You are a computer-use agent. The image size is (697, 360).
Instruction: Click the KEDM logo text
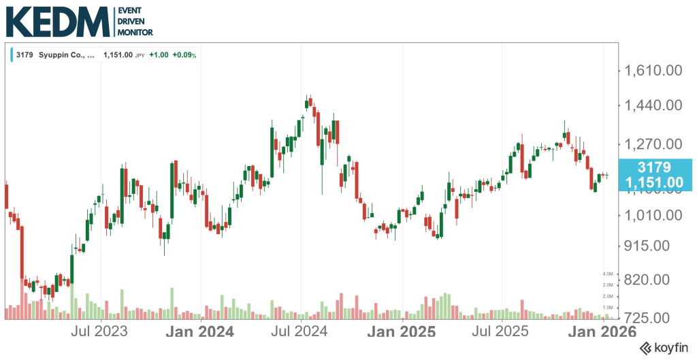coord(57,23)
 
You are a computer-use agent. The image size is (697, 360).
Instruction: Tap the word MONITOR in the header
coord(135,32)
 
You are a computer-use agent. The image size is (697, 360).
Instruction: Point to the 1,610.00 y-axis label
coord(653,70)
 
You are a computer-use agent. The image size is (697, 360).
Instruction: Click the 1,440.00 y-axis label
coord(653,105)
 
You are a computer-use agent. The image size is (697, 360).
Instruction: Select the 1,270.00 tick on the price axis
coord(653,144)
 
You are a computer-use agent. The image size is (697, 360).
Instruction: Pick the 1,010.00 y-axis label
coord(653,215)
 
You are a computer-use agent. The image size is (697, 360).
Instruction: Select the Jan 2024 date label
coord(201,332)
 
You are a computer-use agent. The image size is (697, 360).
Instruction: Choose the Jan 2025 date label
coord(402,332)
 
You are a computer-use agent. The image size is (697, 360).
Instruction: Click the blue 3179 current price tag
coord(654,174)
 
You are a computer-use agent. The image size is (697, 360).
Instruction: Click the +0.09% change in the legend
coord(184,55)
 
